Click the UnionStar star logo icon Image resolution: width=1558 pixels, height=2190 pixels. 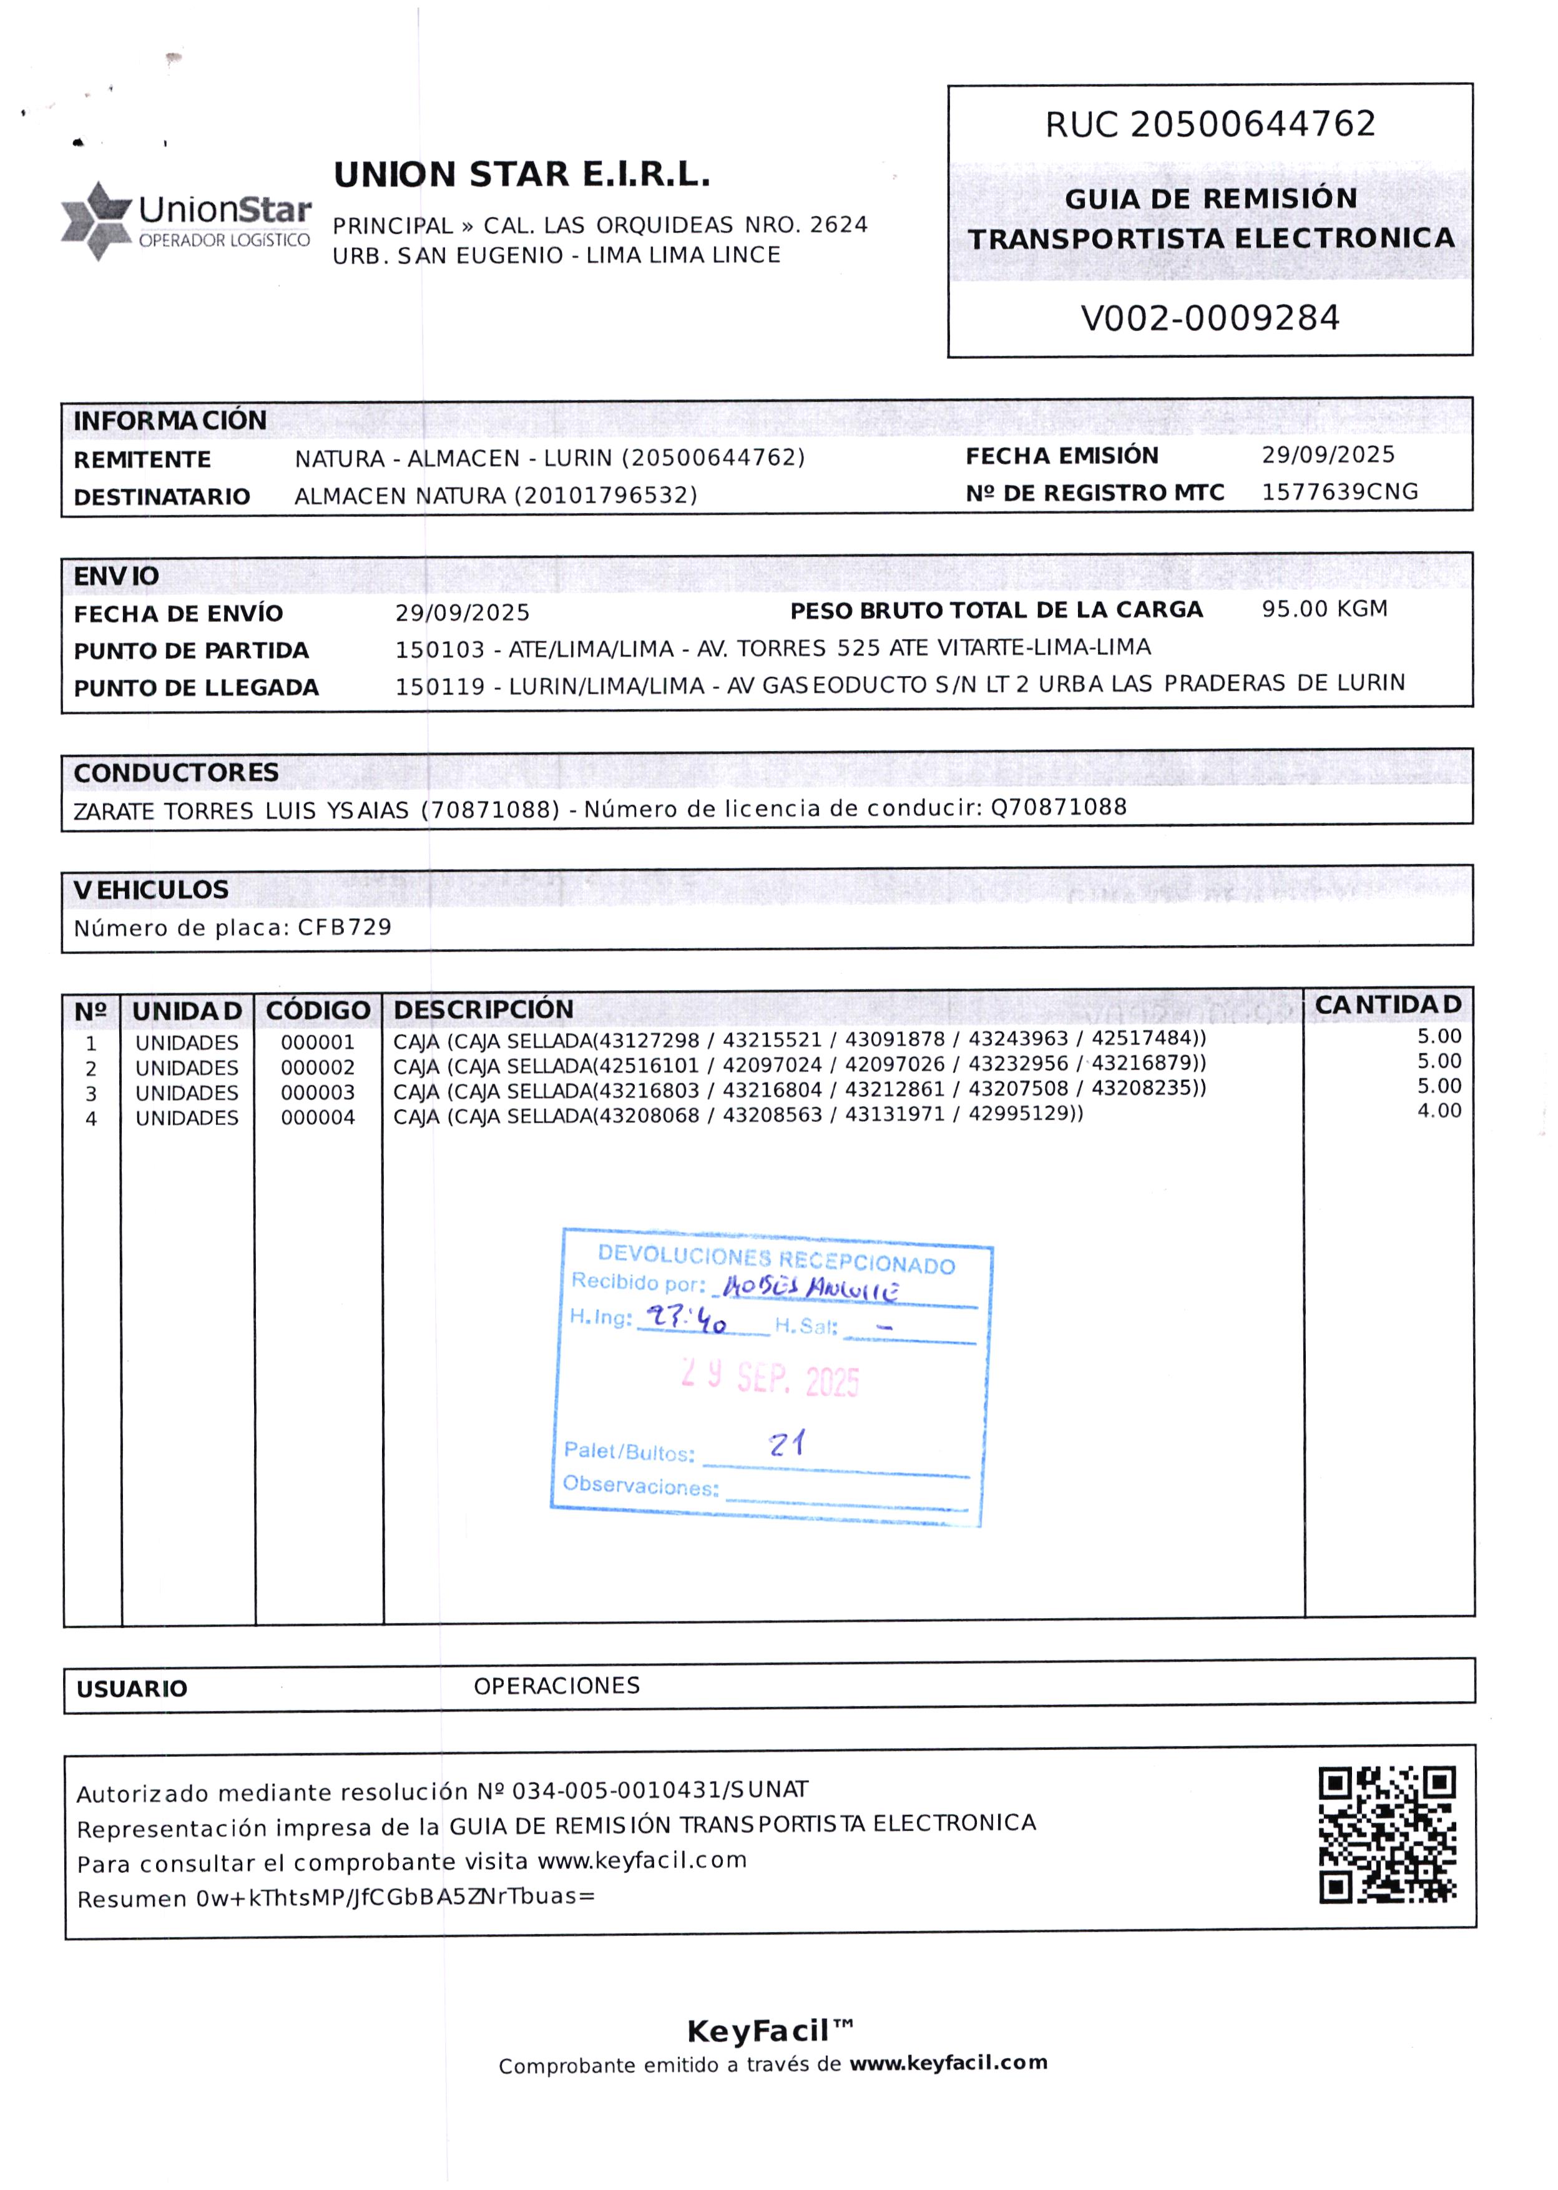pos(96,220)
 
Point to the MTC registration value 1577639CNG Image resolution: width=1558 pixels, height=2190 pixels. pos(1340,492)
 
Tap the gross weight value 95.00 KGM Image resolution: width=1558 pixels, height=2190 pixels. pos(1324,609)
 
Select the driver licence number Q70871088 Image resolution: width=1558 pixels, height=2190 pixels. pos(1058,807)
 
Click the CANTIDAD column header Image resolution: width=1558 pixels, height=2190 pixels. pos(1387,1005)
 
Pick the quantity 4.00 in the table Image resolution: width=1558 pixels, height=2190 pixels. pos(1439,1111)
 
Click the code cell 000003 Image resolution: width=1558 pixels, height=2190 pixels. pos(318,1093)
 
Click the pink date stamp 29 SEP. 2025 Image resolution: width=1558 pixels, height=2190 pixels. pos(770,1378)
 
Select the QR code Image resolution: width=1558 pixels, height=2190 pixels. pos(1387,1834)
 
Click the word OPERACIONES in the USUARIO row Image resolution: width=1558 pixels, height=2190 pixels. pos(556,1686)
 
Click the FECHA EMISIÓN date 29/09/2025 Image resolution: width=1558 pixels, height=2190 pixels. pos(1328,454)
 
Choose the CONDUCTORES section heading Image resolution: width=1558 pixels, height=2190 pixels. pos(177,773)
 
